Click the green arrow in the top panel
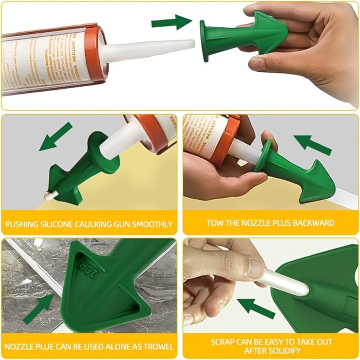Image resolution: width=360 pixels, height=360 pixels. click(171, 22)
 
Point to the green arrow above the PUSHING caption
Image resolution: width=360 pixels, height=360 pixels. click(55, 136)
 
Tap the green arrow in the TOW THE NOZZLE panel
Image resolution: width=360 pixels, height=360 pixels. click(312, 144)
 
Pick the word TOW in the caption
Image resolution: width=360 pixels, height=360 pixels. click(215, 223)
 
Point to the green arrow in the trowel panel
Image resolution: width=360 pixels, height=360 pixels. click(39, 308)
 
